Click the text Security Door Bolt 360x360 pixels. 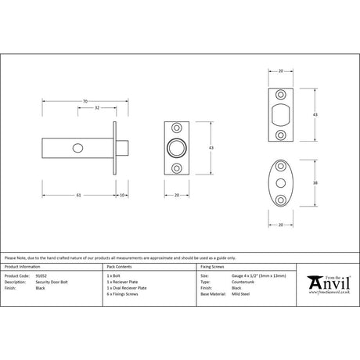tap(52, 282)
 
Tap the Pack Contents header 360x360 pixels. tap(120, 268)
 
